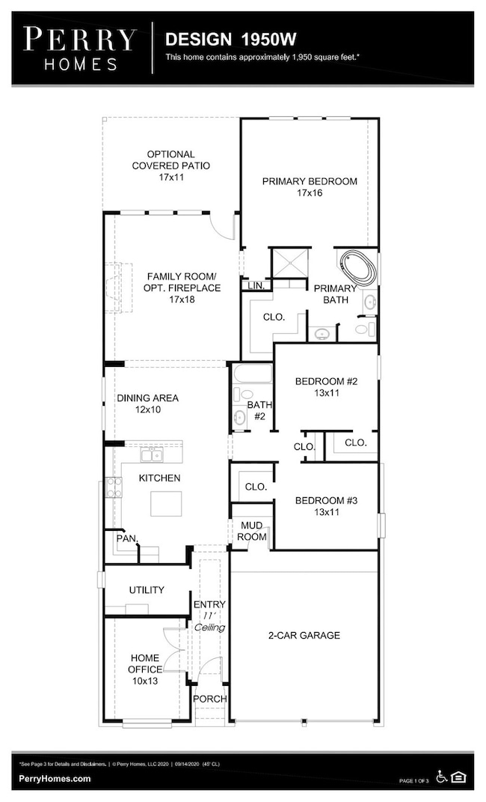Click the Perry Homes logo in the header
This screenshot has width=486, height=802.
click(x=79, y=48)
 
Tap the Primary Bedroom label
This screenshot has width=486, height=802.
click(x=309, y=186)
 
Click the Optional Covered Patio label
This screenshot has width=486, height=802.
click(x=170, y=165)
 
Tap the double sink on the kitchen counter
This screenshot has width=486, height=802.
click(x=153, y=455)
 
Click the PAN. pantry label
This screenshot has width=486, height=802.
click(x=124, y=538)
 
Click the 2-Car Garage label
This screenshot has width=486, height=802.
click(x=304, y=635)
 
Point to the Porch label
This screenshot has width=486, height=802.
click(x=210, y=699)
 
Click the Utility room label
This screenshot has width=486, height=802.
click(x=147, y=590)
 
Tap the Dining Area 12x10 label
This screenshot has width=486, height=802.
click(x=147, y=404)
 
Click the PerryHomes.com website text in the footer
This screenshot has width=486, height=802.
click(x=55, y=778)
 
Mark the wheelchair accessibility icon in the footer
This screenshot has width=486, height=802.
click(x=442, y=778)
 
